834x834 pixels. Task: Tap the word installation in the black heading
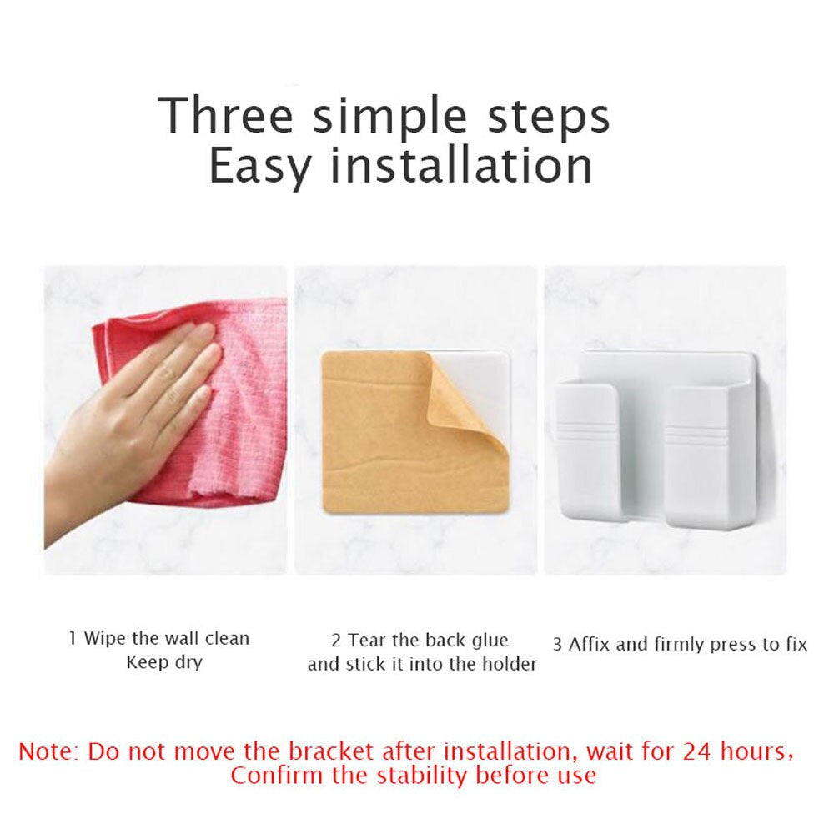pos(461,165)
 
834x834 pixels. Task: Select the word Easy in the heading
pos(260,167)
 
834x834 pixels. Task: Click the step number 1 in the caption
pos(73,639)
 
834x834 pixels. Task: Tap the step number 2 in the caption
pos(336,641)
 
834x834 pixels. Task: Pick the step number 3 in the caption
pos(557,645)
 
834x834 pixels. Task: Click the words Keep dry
pos(163,663)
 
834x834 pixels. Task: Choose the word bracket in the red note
pos(329,751)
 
